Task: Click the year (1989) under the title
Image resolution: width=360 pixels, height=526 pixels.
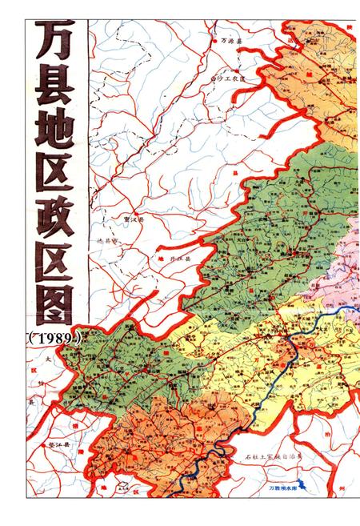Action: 54,338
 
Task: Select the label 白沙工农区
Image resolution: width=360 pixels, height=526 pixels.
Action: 232,78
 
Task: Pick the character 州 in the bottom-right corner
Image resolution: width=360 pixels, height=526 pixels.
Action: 342,486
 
